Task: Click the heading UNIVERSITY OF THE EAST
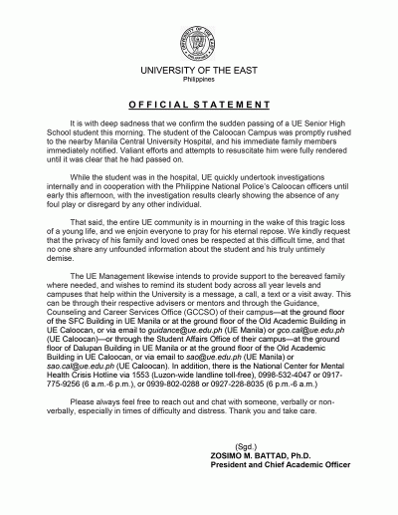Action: point(198,74)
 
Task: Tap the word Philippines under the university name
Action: point(198,84)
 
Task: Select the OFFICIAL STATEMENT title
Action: point(198,105)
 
